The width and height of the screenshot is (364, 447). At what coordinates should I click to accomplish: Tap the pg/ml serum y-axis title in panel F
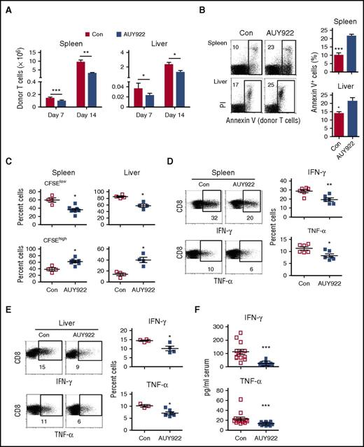206,385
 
